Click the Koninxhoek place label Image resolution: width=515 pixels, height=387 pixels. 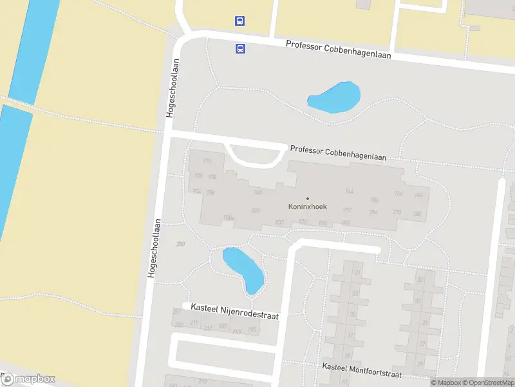[307, 208]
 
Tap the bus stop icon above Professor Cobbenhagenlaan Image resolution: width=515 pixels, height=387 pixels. [239, 21]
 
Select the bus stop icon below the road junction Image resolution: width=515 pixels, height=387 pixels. [240, 48]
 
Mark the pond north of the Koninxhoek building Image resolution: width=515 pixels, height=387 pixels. [334, 97]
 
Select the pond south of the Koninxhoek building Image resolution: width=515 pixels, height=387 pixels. [243, 268]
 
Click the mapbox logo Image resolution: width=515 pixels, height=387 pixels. [28, 379]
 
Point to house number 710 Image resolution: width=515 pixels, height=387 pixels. [207, 161]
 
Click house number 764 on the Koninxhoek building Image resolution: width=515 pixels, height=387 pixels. [350, 191]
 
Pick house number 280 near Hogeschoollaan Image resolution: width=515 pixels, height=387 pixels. [180, 243]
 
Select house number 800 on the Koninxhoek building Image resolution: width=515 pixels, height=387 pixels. [346, 223]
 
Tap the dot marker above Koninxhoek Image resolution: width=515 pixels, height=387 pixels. [307, 198]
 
